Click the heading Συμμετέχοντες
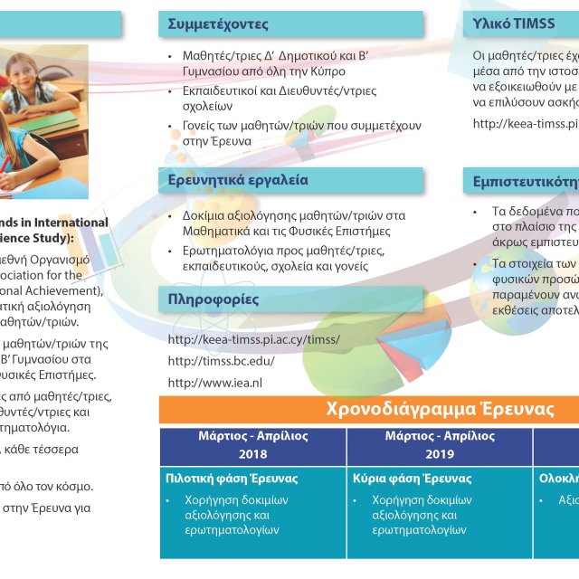click(219, 24)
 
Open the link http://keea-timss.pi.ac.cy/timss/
click(254, 339)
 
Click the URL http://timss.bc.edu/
click(222, 361)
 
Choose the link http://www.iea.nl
click(215, 383)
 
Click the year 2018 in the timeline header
click(253, 454)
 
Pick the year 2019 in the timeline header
click(440, 454)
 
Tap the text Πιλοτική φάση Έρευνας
click(232, 479)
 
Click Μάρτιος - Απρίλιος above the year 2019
click(440, 436)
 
